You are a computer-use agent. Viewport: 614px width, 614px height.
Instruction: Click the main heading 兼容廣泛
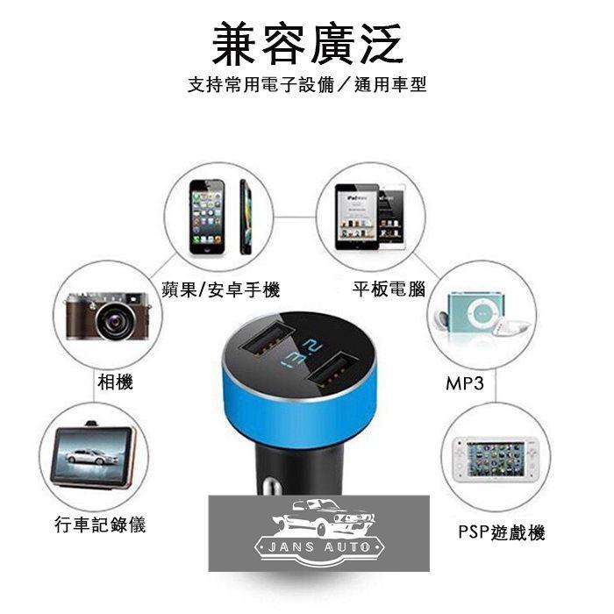point(307,43)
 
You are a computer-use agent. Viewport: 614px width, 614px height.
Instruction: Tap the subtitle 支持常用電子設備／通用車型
point(307,84)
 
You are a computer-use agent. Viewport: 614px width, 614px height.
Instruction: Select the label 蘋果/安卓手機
point(221,290)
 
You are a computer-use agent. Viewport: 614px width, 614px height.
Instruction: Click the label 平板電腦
point(389,289)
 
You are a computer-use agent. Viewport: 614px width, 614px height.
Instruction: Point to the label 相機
point(115,382)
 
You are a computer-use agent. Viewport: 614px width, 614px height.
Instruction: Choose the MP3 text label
point(465,383)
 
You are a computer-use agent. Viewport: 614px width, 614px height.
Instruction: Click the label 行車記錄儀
point(100,525)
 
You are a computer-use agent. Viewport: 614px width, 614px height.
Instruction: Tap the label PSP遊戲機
point(502,532)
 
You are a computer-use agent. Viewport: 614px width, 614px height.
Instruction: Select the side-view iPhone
point(246,217)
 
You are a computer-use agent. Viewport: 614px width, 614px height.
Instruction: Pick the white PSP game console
point(496,460)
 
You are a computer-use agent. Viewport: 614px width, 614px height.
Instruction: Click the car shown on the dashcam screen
point(87,456)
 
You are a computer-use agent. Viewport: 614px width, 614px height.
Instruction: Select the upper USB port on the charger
point(268,338)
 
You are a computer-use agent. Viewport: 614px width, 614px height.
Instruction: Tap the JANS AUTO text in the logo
point(319,546)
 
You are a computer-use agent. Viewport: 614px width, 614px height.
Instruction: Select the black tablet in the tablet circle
point(357,217)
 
